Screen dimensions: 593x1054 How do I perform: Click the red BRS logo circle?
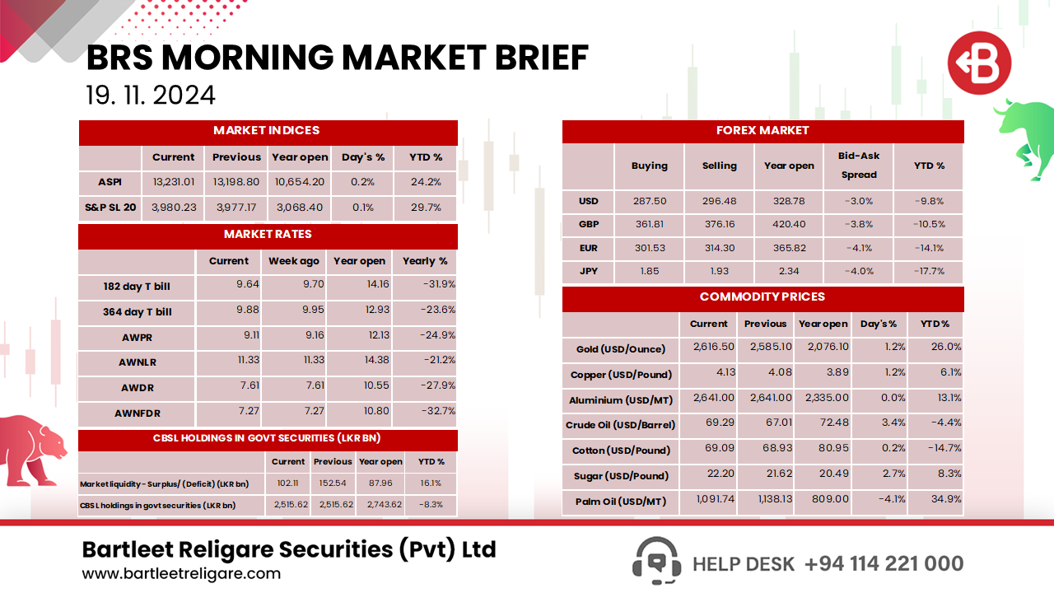[978, 63]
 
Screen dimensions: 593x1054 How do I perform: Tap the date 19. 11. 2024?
[151, 95]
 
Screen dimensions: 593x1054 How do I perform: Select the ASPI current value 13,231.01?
[173, 183]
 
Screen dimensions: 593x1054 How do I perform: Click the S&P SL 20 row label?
[110, 208]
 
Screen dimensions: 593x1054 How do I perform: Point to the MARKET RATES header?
[268, 235]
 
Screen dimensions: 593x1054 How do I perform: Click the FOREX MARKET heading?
[763, 130]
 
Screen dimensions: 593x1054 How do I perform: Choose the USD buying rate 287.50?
[649, 201]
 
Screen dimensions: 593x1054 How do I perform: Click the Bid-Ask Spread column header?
[858, 165]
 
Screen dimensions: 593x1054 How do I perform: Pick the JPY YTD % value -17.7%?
[929, 271]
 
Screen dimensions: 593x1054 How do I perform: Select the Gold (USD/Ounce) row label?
[620, 349]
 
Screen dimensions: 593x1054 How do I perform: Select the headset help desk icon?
[655, 562]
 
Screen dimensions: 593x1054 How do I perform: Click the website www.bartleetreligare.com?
[181, 573]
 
